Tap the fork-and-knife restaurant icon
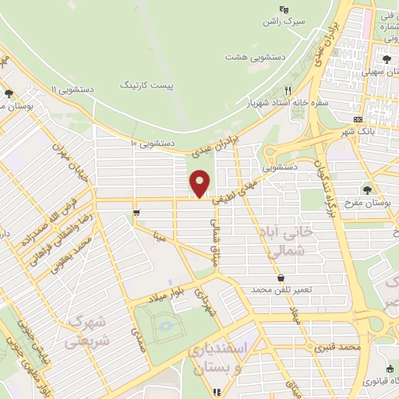[288, 90]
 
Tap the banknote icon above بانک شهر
[358, 119]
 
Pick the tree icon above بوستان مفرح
[367, 189]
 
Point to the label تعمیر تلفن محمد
[281, 289]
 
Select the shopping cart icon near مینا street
[137, 212]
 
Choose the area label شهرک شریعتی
[87, 331]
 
